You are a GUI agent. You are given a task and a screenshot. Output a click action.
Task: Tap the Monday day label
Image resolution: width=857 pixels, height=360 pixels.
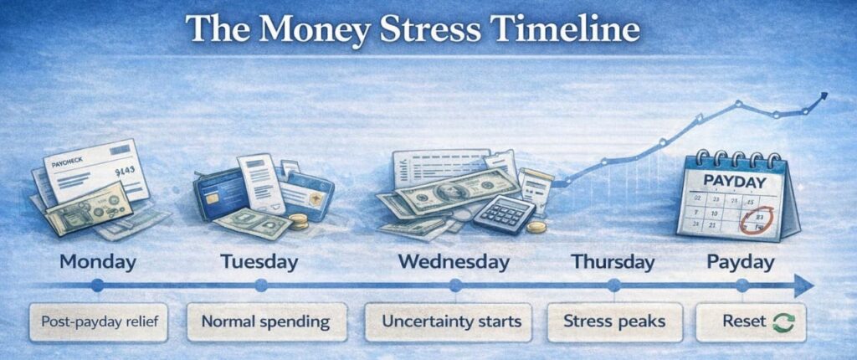(x=97, y=262)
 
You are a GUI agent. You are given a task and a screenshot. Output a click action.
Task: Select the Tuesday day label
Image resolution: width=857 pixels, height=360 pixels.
(x=259, y=262)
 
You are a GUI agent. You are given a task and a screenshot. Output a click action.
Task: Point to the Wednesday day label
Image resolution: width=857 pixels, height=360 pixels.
(x=454, y=262)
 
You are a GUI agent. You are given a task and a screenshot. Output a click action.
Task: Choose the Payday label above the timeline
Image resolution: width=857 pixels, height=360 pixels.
(x=741, y=262)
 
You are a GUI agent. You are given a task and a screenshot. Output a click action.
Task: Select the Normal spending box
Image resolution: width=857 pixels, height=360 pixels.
(x=265, y=321)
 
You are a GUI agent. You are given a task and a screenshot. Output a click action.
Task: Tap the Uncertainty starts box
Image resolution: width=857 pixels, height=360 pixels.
(x=451, y=321)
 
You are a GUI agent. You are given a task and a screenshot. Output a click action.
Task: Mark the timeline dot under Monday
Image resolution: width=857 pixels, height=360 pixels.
(x=97, y=286)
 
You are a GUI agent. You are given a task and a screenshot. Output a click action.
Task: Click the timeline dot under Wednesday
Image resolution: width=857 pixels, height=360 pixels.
(x=455, y=286)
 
